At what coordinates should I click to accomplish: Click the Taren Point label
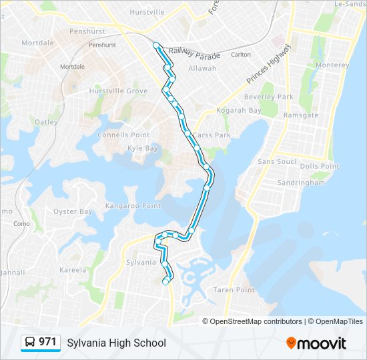(x=234, y=290)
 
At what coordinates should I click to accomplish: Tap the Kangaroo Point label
(x=133, y=206)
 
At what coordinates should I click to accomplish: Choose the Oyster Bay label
(x=73, y=212)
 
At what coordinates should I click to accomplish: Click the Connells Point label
(x=123, y=135)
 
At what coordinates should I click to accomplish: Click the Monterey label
(x=332, y=65)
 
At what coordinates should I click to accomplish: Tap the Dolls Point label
(x=320, y=166)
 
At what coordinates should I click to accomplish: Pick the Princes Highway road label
(x=268, y=65)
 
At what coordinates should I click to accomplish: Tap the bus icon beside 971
(x=30, y=343)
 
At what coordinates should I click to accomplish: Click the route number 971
(x=47, y=342)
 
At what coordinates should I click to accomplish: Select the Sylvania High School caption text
(x=116, y=343)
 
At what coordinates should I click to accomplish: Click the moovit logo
(x=316, y=343)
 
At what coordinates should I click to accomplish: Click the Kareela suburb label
(x=73, y=271)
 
